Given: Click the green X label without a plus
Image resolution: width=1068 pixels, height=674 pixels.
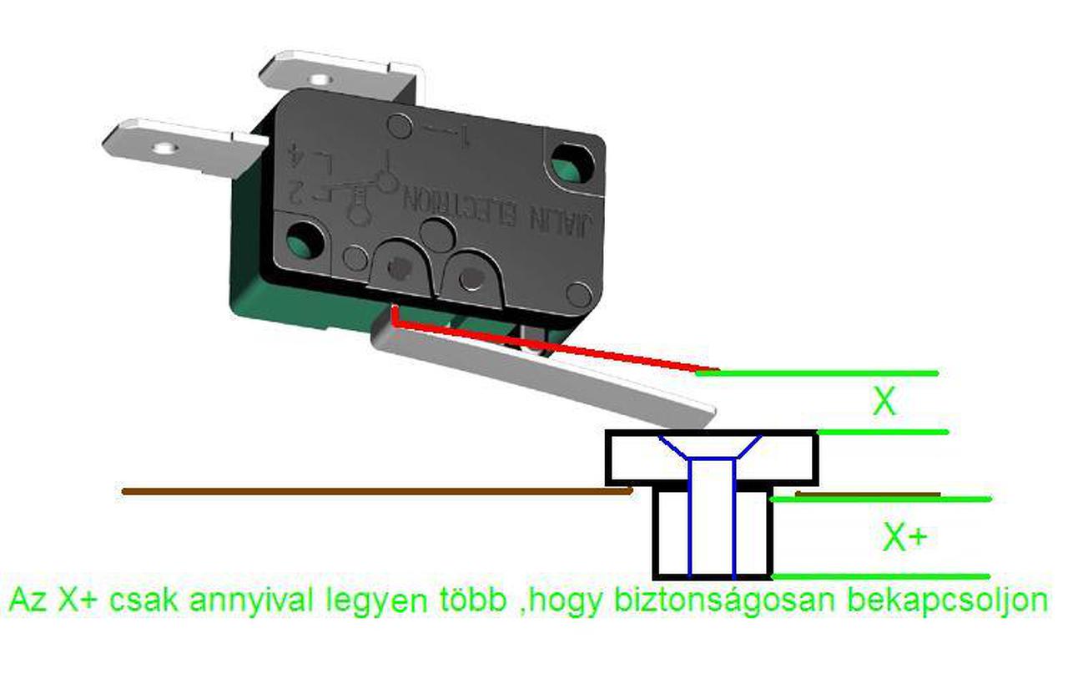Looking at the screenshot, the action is click(x=884, y=403).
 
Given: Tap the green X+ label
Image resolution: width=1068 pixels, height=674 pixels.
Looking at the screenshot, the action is click(x=905, y=539).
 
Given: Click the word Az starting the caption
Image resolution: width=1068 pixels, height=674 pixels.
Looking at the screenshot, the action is click(x=28, y=600).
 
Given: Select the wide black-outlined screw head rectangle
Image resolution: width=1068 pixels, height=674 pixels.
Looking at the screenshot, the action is click(x=634, y=458).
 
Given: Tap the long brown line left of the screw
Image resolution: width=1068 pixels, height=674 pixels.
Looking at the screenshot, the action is click(x=375, y=491).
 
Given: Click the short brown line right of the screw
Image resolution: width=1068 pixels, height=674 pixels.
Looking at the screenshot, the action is click(x=868, y=494).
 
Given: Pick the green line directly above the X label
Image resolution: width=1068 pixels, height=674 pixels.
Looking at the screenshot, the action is click(x=818, y=372).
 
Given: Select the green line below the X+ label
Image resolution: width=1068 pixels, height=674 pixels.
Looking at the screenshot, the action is click(x=880, y=576).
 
